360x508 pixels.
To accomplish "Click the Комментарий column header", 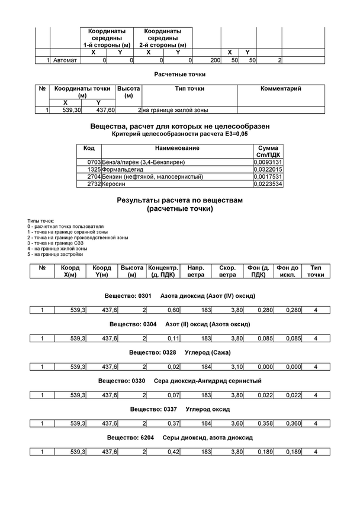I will pyautogui.click(x=281, y=89).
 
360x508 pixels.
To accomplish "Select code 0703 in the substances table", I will pyautogui.click(x=94, y=162).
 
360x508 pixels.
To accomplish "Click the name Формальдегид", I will pyautogui.click(x=123, y=169).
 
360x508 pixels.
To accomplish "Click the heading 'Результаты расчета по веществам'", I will pyautogui.click(x=179, y=201).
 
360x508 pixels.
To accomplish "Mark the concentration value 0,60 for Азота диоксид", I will pyautogui.click(x=173, y=310).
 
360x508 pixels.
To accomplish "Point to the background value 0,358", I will pyautogui.click(x=256, y=424).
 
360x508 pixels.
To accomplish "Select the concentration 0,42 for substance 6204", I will pyautogui.click(x=173, y=452).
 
